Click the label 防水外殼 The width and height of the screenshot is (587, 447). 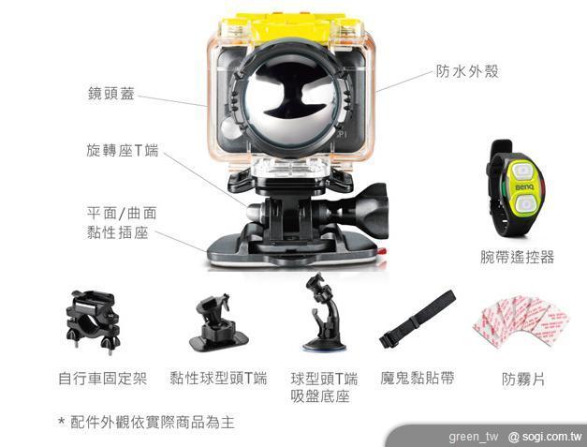pyautogui.click(x=467, y=71)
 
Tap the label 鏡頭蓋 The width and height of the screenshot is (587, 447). pyautogui.click(x=111, y=94)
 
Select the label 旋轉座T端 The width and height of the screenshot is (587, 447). pyautogui.click(x=123, y=150)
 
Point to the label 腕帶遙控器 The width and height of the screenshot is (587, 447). pyautogui.click(x=518, y=257)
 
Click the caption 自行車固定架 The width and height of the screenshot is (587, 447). pyautogui.click(x=103, y=378)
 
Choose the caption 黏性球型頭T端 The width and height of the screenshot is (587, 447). pyautogui.click(x=218, y=378)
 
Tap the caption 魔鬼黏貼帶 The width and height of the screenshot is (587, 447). pyautogui.click(x=418, y=378)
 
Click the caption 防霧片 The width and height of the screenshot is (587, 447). pyautogui.click(x=523, y=380)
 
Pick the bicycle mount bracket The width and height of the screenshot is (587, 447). pyautogui.click(x=93, y=321)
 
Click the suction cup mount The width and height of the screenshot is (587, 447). pyautogui.click(x=324, y=312)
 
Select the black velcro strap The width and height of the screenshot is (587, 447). pyautogui.click(x=418, y=320)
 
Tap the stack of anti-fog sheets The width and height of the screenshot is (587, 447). pyautogui.click(x=521, y=321)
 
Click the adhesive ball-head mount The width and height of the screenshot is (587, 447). pyautogui.click(x=217, y=322)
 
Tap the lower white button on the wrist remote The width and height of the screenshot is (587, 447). pyautogui.click(x=525, y=204)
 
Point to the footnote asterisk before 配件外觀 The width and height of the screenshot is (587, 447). pyautogui.click(x=61, y=421)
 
